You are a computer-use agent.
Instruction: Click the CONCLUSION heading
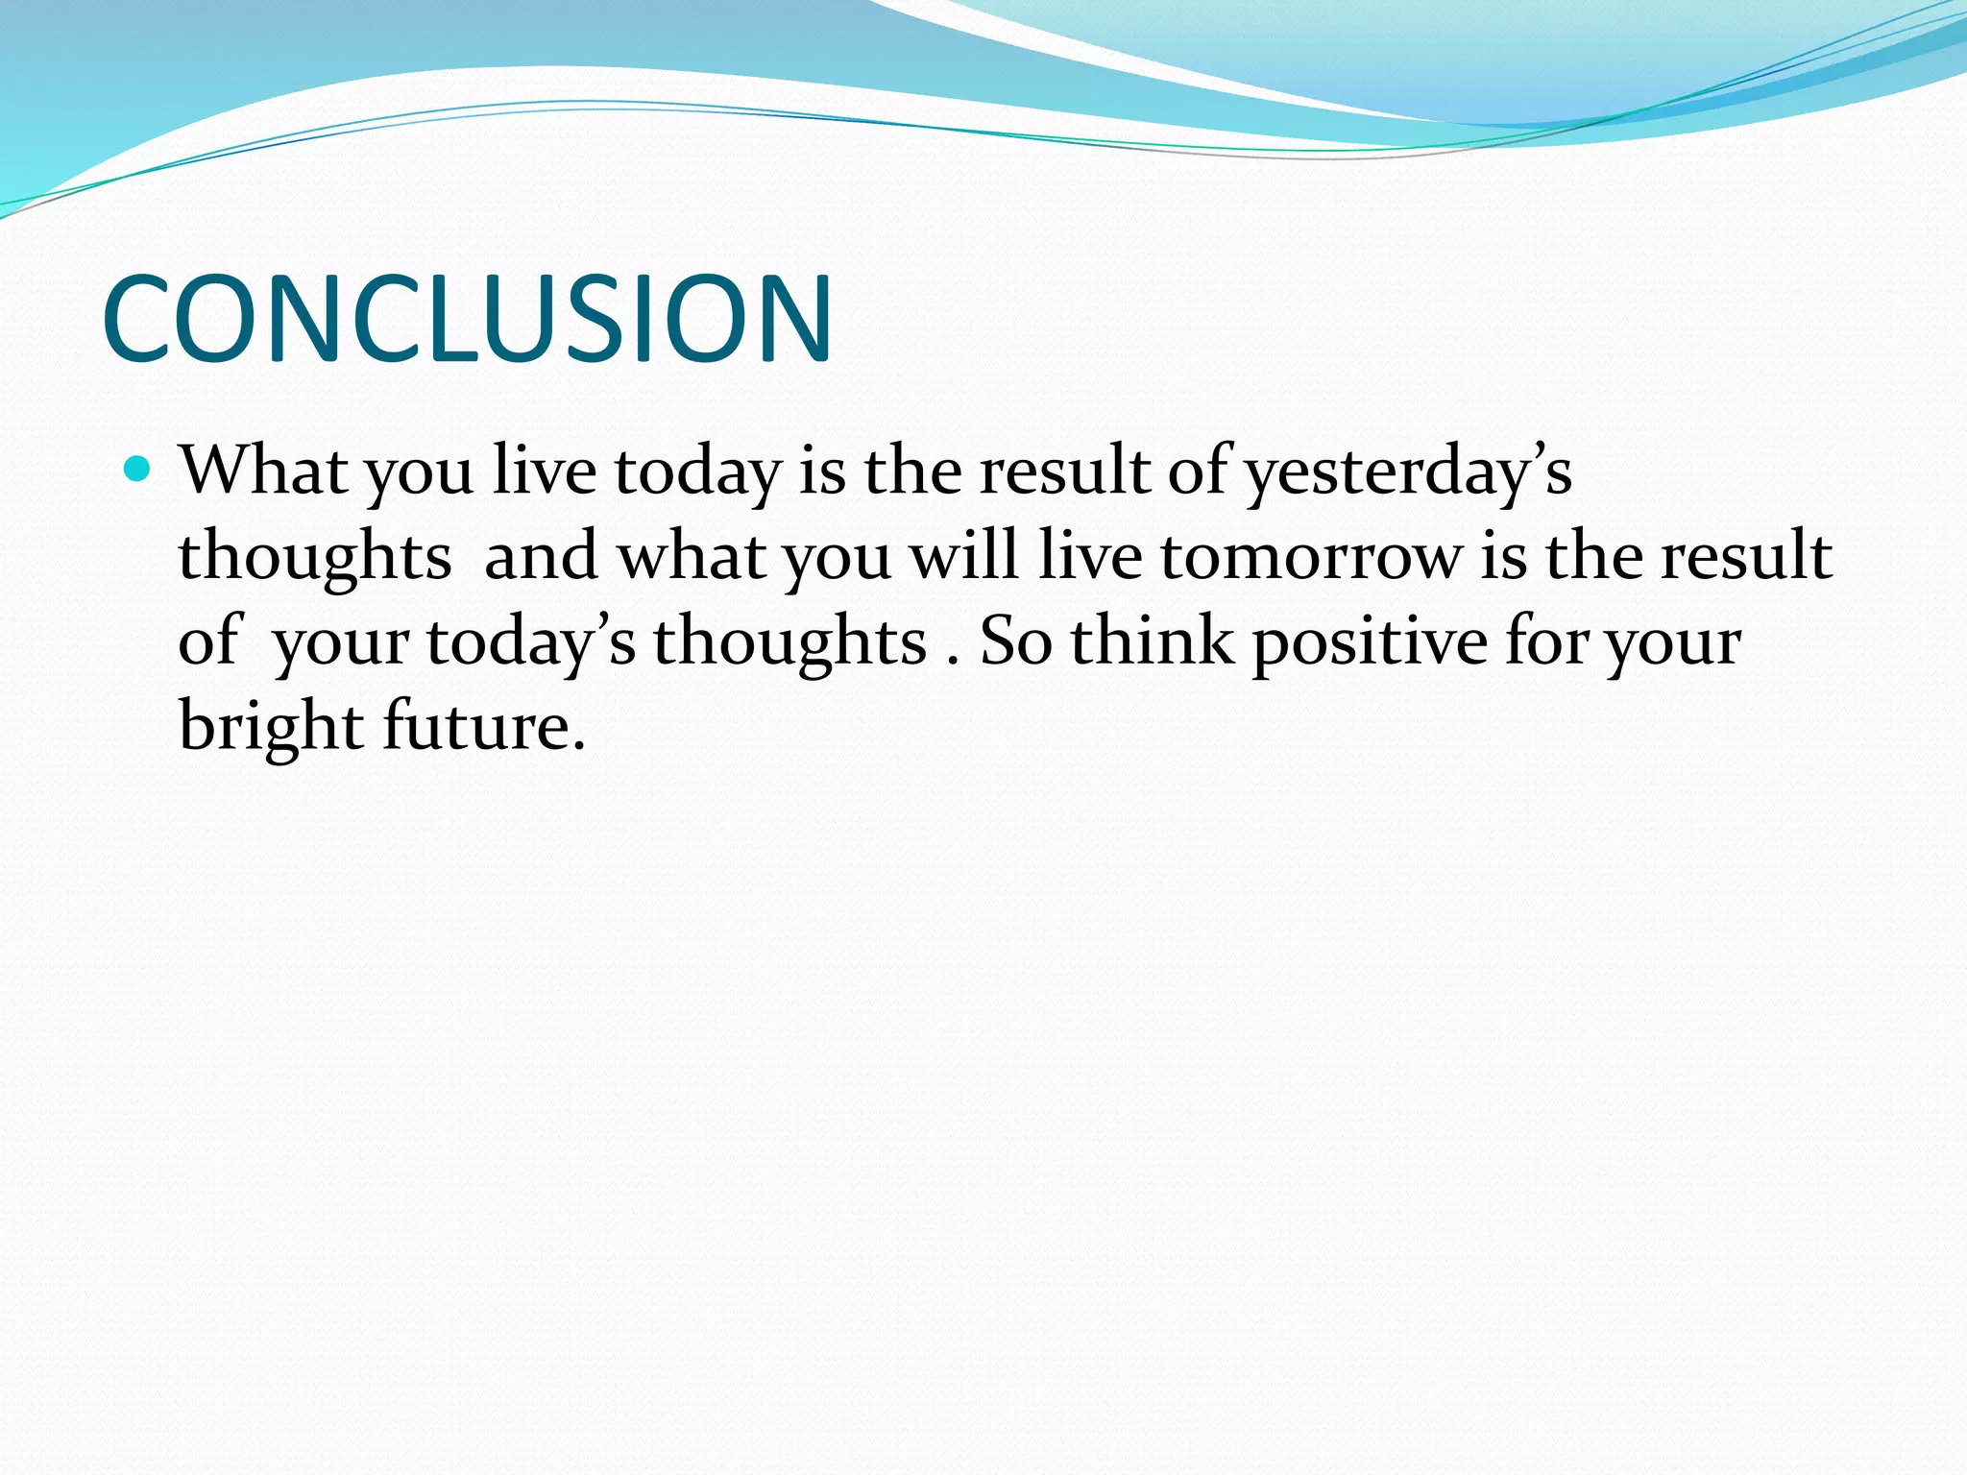pyautogui.click(x=467, y=319)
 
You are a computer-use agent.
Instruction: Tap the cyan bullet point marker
pyautogui.click(x=138, y=470)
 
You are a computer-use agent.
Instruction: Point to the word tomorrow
pyautogui.click(x=1310, y=557)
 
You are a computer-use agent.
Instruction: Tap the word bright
pyautogui.click(x=270, y=727)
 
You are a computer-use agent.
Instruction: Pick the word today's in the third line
pyautogui.click(x=531, y=642)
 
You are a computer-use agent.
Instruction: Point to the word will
pyautogui.click(x=963, y=556)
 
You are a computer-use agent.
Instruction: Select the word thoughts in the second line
pyautogui.click(x=315, y=557)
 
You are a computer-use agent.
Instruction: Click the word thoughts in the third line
pyautogui.click(x=789, y=641)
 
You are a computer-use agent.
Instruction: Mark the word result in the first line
pyautogui.click(x=1064, y=472)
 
